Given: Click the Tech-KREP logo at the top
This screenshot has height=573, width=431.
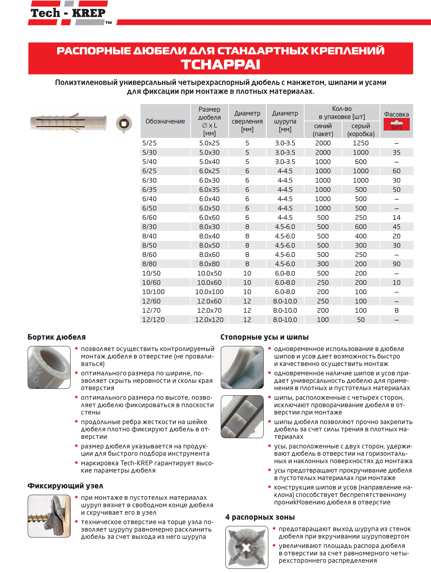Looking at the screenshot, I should pyautogui.click(x=68, y=13).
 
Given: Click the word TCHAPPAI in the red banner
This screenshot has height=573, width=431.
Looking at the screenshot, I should pyautogui.click(x=220, y=65).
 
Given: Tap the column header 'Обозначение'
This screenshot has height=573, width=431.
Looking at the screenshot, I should pyautogui.click(x=165, y=121).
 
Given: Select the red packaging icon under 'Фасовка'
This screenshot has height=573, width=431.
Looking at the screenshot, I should pyautogui.click(x=396, y=125).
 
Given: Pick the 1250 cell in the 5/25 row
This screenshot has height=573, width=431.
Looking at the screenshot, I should pyautogui.click(x=361, y=143).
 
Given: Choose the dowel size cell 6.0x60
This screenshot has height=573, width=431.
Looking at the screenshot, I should pyautogui.click(x=209, y=218).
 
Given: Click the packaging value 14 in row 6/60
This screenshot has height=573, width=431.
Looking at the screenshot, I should pyautogui.click(x=396, y=218).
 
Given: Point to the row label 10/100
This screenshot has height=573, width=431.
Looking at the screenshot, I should pyautogui.click(x=153, y=292).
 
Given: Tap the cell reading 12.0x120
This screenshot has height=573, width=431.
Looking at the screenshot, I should pyautogui.click(x=209, y=320).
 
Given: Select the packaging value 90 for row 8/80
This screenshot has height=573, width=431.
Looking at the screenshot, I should pyautogui.click(x=396, y=264).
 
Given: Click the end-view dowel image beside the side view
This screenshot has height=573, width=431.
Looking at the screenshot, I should pyautogui.click(x=124, y=123).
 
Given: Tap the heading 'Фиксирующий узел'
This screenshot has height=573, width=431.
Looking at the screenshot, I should pyautogui.click(x=65, y=486).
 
